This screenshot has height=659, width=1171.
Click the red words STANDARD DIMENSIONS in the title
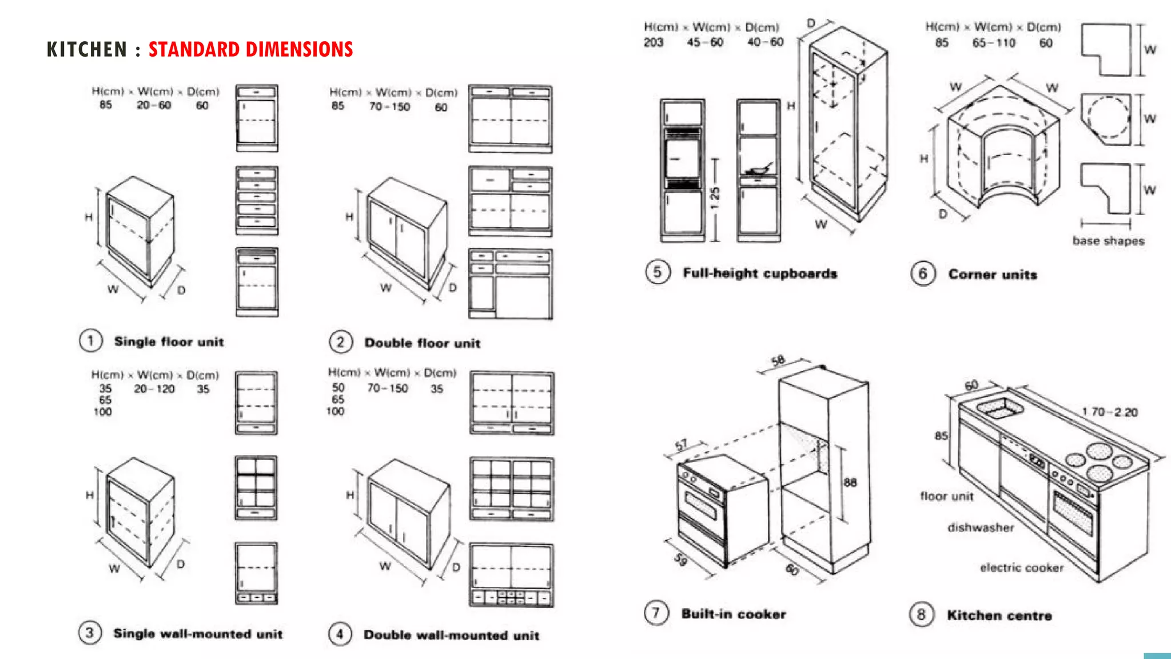click(250, 50)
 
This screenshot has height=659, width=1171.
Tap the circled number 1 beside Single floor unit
click(90, 341)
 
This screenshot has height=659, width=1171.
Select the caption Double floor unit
click(422, 343)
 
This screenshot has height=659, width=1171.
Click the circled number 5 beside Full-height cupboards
click(658, 272)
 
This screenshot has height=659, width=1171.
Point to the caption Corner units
click(992, 275)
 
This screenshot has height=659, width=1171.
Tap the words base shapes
click(1108, 241)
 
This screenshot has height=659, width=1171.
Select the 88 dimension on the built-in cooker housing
click(850, 482)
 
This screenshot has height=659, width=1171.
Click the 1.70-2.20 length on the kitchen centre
click(1109, 412)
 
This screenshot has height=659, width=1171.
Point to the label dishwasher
click(981, 527)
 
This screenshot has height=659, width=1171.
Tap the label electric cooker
click(1022, 567)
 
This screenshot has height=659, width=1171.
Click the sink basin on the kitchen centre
click(1000, 408)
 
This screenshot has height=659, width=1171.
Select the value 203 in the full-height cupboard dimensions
click(653, 42)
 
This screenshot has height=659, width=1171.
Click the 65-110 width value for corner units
click(994, 43)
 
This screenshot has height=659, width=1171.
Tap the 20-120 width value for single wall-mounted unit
click(154, 389)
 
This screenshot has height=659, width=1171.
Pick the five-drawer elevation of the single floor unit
click(257, 201)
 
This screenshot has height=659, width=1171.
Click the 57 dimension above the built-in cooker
click(681, 445)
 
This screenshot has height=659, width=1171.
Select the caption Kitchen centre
click(999, 616)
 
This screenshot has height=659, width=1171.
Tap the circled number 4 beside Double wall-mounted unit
click(340, 634)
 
